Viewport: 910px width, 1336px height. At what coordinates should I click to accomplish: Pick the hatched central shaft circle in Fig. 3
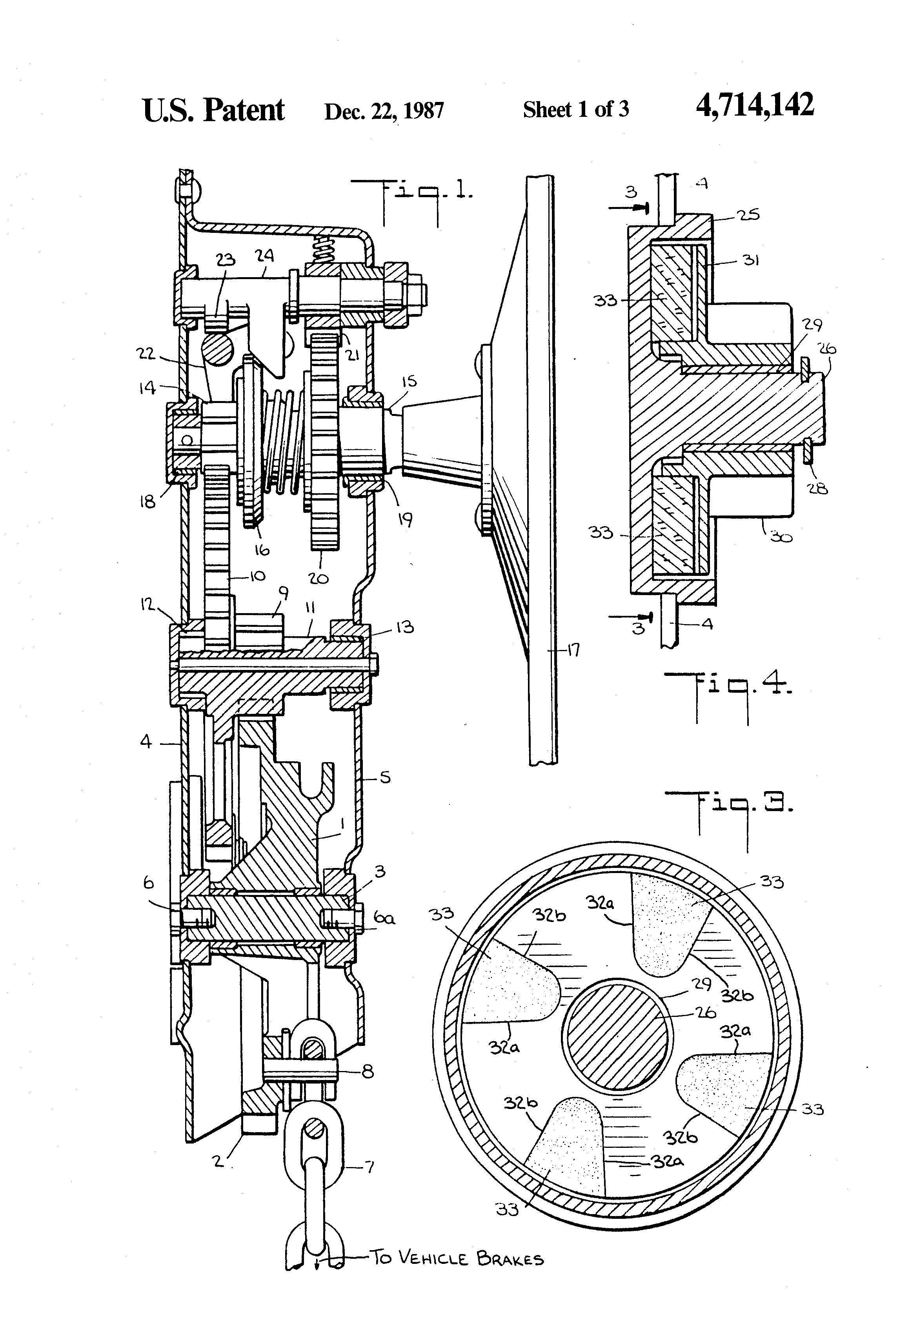pos(617,1035)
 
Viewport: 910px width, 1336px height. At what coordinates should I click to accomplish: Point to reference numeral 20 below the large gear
pos(318,578)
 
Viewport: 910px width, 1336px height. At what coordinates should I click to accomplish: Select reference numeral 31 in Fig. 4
pos(750,260)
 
